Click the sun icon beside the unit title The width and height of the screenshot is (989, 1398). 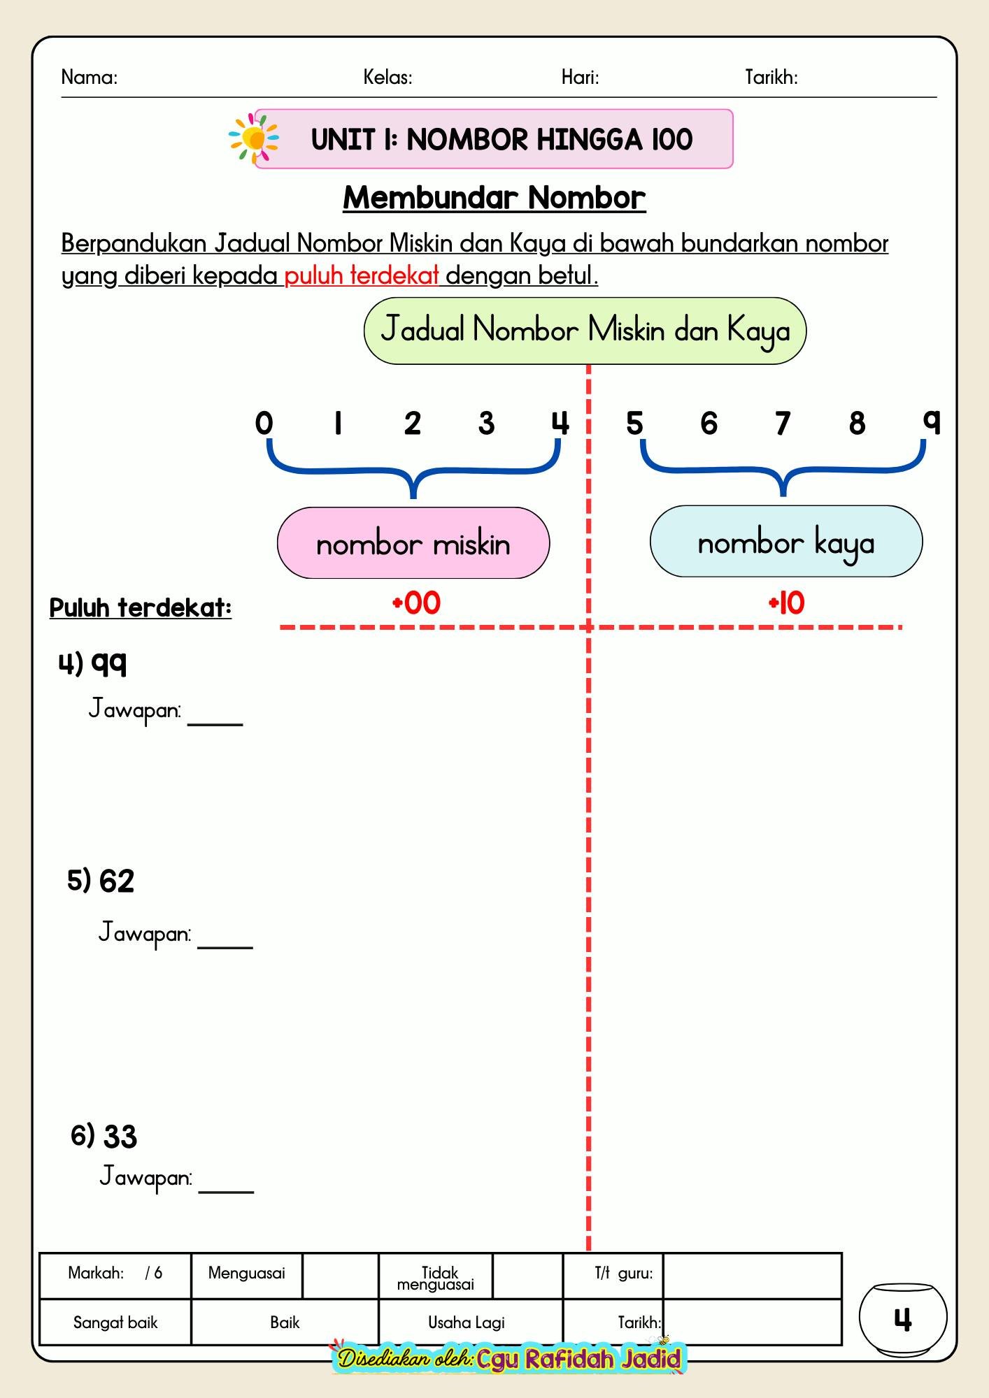point(254,138)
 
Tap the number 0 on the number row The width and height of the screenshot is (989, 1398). point(264,423)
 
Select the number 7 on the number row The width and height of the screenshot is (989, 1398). point(783,423)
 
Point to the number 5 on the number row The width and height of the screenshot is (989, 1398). point(634,423)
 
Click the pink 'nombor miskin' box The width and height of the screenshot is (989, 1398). point(413,543)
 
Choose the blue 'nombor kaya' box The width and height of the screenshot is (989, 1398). point(786,542)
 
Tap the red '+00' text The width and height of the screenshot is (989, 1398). point(416,603)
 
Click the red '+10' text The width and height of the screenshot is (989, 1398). point(787,603)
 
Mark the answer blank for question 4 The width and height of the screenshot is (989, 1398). point(215,725)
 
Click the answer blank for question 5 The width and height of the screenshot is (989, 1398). point(225,948)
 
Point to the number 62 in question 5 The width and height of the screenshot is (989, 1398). point(117,881)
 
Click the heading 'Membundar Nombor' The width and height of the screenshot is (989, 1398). point(494,198)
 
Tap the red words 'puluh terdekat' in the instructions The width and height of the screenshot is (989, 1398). point(362,276)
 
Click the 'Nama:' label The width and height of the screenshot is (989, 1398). point(90,77)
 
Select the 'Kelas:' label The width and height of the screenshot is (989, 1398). point(388,77)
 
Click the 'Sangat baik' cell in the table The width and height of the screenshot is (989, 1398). point(115,1323)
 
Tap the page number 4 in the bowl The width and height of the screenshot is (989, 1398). point(903,1320)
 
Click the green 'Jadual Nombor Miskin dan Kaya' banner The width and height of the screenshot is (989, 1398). point(585,331)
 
